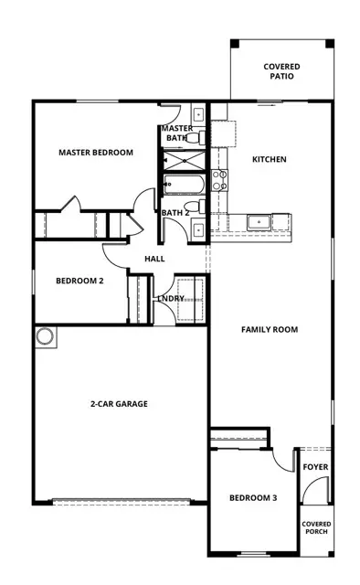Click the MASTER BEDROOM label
pyautogui.click(x=96, y=152)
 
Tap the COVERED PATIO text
pyautogui.click(x=281, y=71)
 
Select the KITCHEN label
pyautogui.click(x=269, y=160)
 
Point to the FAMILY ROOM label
pyautogui.click(x=270, y=329)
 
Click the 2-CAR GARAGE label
pyautogui.click(x=119, y=403)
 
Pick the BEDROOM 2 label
pyautogui.click(x=79, y=282)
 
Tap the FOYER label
pyautogui.click(x=315, y=467)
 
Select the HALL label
pyautogui.click(x=154, y=260)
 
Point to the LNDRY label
pyautogui.click(x=171, y=298)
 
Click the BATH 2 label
pyautogui.click(x=175, y=213)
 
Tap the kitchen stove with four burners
pyautogui.click(x=219, y=181)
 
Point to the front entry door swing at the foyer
pyautogui.click(x=311, y=494)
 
